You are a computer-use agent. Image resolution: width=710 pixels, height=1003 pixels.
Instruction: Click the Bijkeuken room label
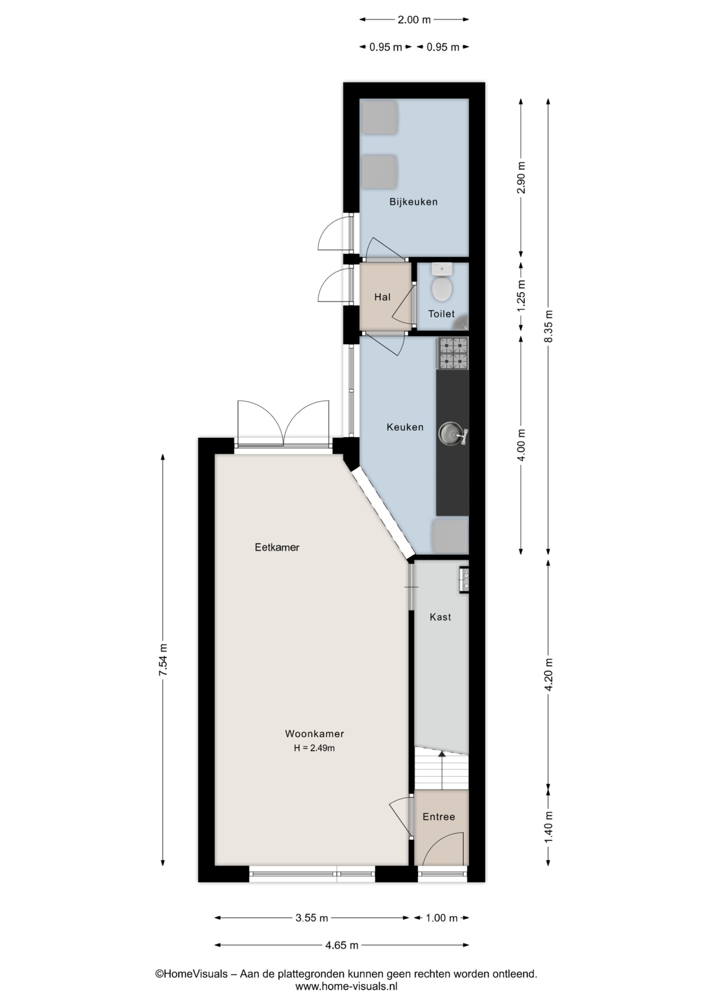(413, 202)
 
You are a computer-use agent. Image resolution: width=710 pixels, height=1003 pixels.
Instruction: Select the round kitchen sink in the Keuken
(450, 434)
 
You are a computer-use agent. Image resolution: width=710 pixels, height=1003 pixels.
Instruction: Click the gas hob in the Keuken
(453, 354)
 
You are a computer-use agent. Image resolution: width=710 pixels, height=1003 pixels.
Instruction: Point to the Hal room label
(382, 297)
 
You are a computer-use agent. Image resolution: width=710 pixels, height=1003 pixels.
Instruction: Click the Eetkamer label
(277, 547)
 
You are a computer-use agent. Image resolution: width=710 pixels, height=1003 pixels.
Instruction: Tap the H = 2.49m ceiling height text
(314, 748)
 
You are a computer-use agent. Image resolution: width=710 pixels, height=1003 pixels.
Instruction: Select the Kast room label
(440, 617)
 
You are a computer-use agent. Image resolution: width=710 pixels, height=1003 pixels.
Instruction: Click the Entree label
(439, 817)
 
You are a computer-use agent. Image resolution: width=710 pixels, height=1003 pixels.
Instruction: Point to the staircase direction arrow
(442, 769)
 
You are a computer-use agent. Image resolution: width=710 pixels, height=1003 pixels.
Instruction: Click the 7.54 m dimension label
(163, 659)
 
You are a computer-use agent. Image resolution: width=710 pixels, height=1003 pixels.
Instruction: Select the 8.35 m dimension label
(548, 326)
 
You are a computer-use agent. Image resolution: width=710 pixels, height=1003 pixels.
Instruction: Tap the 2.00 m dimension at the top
(414, 20)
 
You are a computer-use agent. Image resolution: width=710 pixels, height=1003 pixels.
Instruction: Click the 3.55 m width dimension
(312, 918)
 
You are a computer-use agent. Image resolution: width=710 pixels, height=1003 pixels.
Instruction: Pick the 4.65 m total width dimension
(342, 945)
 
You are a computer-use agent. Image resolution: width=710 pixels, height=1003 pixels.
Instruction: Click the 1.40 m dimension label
(548, 827)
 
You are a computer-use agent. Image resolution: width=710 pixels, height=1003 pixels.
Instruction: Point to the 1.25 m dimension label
(521, 296)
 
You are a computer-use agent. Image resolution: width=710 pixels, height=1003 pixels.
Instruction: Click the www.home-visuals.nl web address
(347, 987)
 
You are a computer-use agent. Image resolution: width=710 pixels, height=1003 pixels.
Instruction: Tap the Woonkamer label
(314, 733)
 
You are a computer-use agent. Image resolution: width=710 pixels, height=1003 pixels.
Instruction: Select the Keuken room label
(405, 427)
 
